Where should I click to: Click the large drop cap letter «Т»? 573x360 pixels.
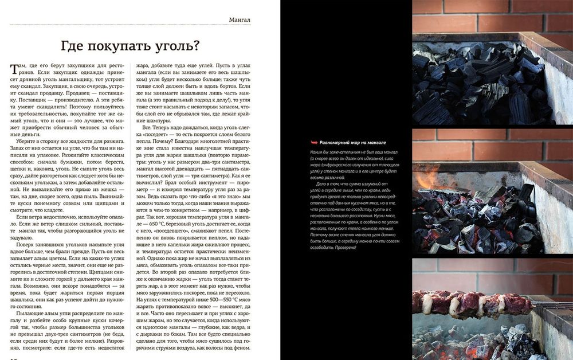pos(15,69)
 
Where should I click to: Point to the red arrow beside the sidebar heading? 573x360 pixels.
pos(313,142)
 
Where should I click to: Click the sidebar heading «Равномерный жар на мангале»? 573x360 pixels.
pos(353,142)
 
